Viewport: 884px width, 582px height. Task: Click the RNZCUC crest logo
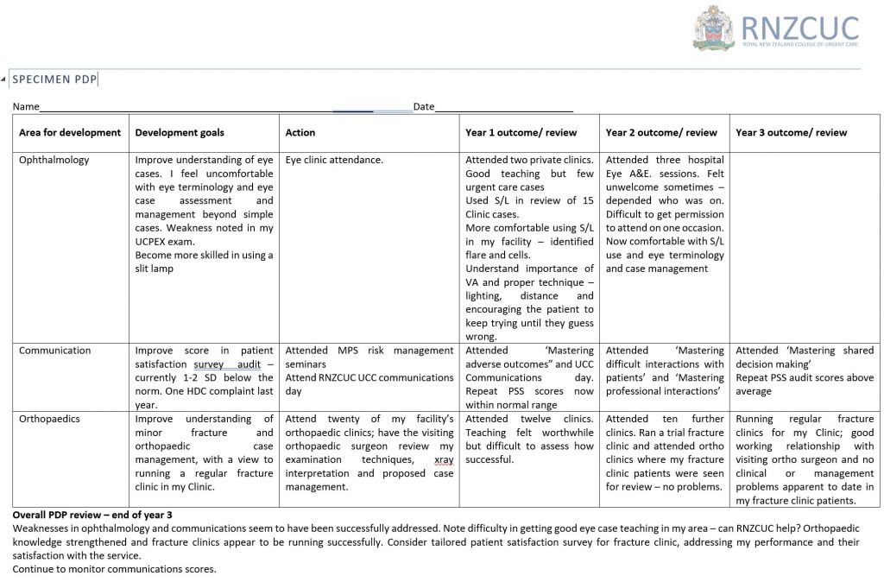pyautogui.click(x=713, y=28)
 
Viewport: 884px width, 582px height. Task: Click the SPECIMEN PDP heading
pyautogui.click(x=54, y=79)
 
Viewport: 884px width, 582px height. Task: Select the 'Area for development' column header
pyautogui.click(x=70, y=132)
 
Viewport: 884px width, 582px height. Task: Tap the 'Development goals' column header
pyautogui.click(x=180, y=132)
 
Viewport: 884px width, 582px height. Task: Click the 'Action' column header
pyautogui.click(x=300, y=132)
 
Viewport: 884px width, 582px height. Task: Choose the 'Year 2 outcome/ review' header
pyautogui.click(x=661, y=132)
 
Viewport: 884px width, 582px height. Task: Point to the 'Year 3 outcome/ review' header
pyautogui.click(x=791, y=132)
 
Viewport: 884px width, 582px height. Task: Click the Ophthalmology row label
pyautogui.click(x=54, y=160)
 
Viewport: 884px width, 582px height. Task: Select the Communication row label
pyautogui.click(x=54, y=351)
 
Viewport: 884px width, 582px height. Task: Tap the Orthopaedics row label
pyautogui.click(x=49, y=419)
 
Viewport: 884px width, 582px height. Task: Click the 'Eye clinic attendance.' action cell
pyautogui.click(x=334, y=160)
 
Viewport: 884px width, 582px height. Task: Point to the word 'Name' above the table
pyautogui.click(x=26, y=106)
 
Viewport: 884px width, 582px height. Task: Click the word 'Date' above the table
pyautogui.click(x=424, y=106)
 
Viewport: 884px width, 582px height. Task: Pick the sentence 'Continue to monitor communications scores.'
pyautogui.click(x=114, y=569)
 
